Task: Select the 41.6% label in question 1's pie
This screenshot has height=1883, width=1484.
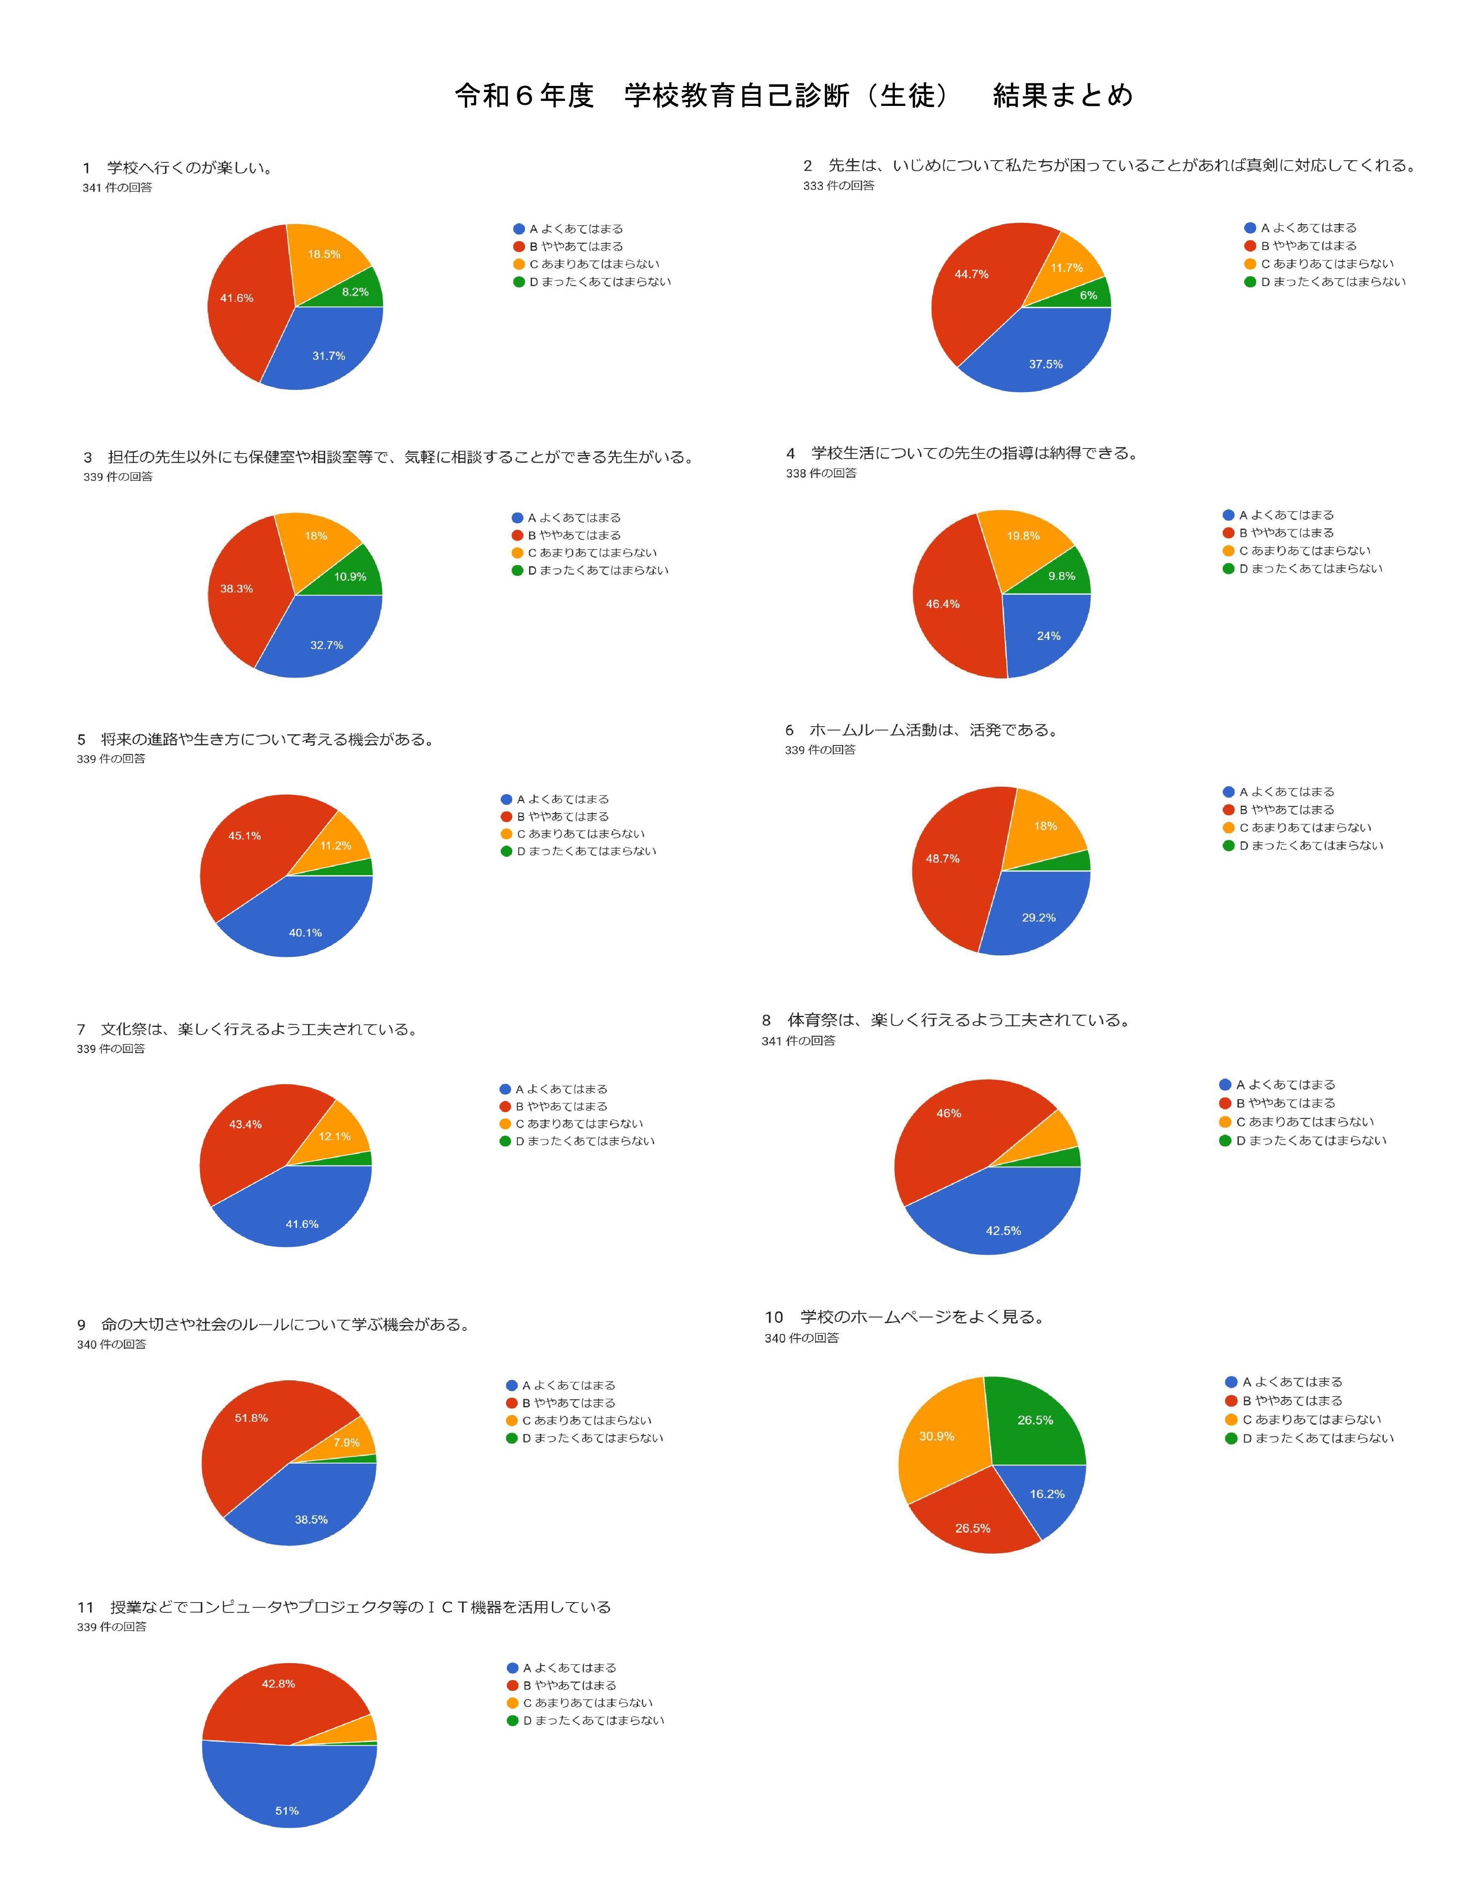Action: [x=236, y=298]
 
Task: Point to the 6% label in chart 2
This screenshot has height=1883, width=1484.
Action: [x=1089, y=295]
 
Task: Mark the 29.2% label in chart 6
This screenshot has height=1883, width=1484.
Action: [x=1038, y=917]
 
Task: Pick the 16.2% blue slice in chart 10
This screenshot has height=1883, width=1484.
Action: [x=1047, y=1494]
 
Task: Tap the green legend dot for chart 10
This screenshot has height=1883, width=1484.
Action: [x=1231, y=1438]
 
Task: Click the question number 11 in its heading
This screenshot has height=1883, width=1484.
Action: [x=85, y=1608]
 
